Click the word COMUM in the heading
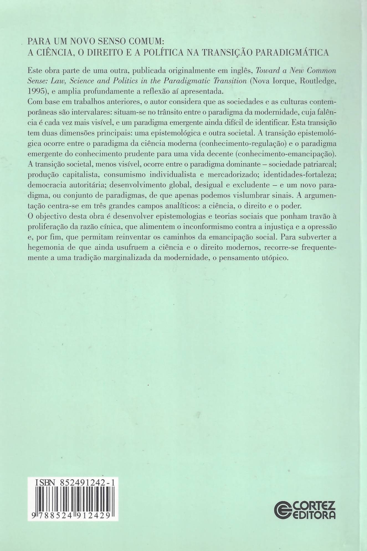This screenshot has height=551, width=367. coord(145,42)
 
